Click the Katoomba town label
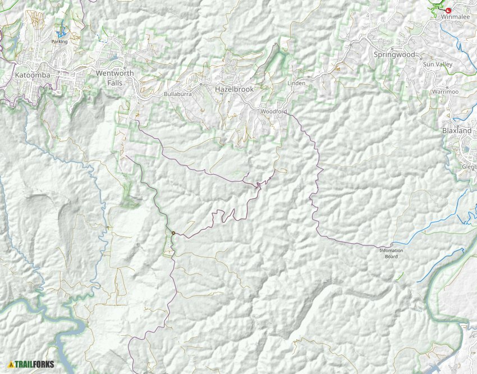tap(33, 75)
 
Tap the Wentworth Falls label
tap(115, 77)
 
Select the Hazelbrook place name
tap(235, 89)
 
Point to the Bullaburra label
tap(177, 94)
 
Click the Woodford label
tap(274, 112)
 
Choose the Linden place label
tap(296, 83)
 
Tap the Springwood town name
tap(394, 54)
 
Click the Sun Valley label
tap(437, 65)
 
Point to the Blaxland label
tap(457, 130)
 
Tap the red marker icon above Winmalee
tap(448, 10)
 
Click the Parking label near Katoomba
tap(59, 42)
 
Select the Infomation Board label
tap(392, 253)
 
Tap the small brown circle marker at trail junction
tap(173, 233)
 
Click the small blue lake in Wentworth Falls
tap(114, 57)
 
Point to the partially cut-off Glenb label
tap(469, 167)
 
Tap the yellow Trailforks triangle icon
tap(11, 364)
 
